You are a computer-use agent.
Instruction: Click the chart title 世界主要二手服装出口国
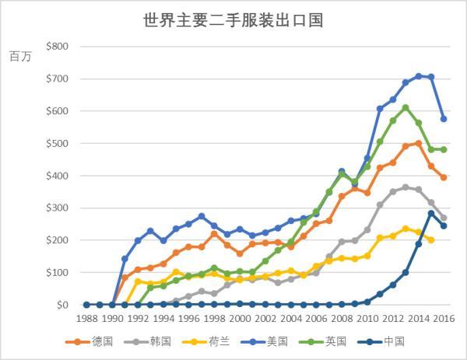[233, 20]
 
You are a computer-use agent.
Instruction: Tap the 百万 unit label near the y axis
[20, 57]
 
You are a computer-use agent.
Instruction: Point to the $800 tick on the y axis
[58, 47]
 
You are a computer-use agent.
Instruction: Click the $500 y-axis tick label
[58, 144]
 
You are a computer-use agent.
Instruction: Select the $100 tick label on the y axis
[58, 273]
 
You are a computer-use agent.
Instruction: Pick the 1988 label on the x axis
[87, 318]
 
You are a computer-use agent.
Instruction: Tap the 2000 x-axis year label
[240, 318]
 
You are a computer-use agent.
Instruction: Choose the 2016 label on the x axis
[444, 318]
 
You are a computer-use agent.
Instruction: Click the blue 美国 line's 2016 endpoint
[444, 119]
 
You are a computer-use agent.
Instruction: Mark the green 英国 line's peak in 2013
[406, 107]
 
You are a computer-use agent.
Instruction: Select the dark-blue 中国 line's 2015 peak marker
[431, 213]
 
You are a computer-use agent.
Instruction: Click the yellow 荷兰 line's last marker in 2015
[431, 240]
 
